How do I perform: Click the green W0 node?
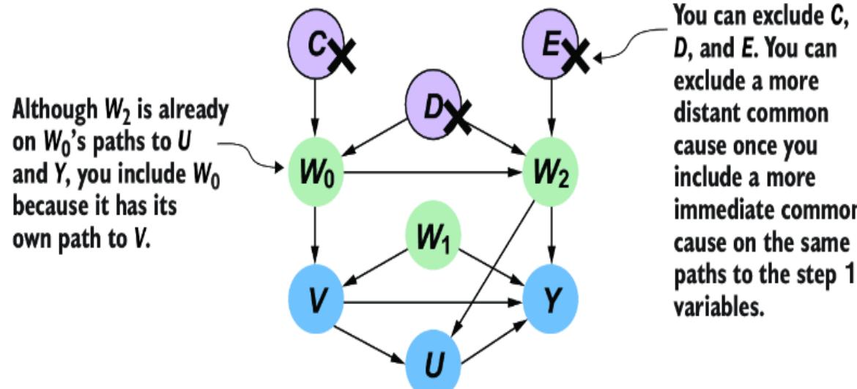[x=316, y=174]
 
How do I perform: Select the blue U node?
[x=435, y=360]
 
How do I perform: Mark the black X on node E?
[x=576, y=56]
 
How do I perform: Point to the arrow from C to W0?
[x=316, y=110]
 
